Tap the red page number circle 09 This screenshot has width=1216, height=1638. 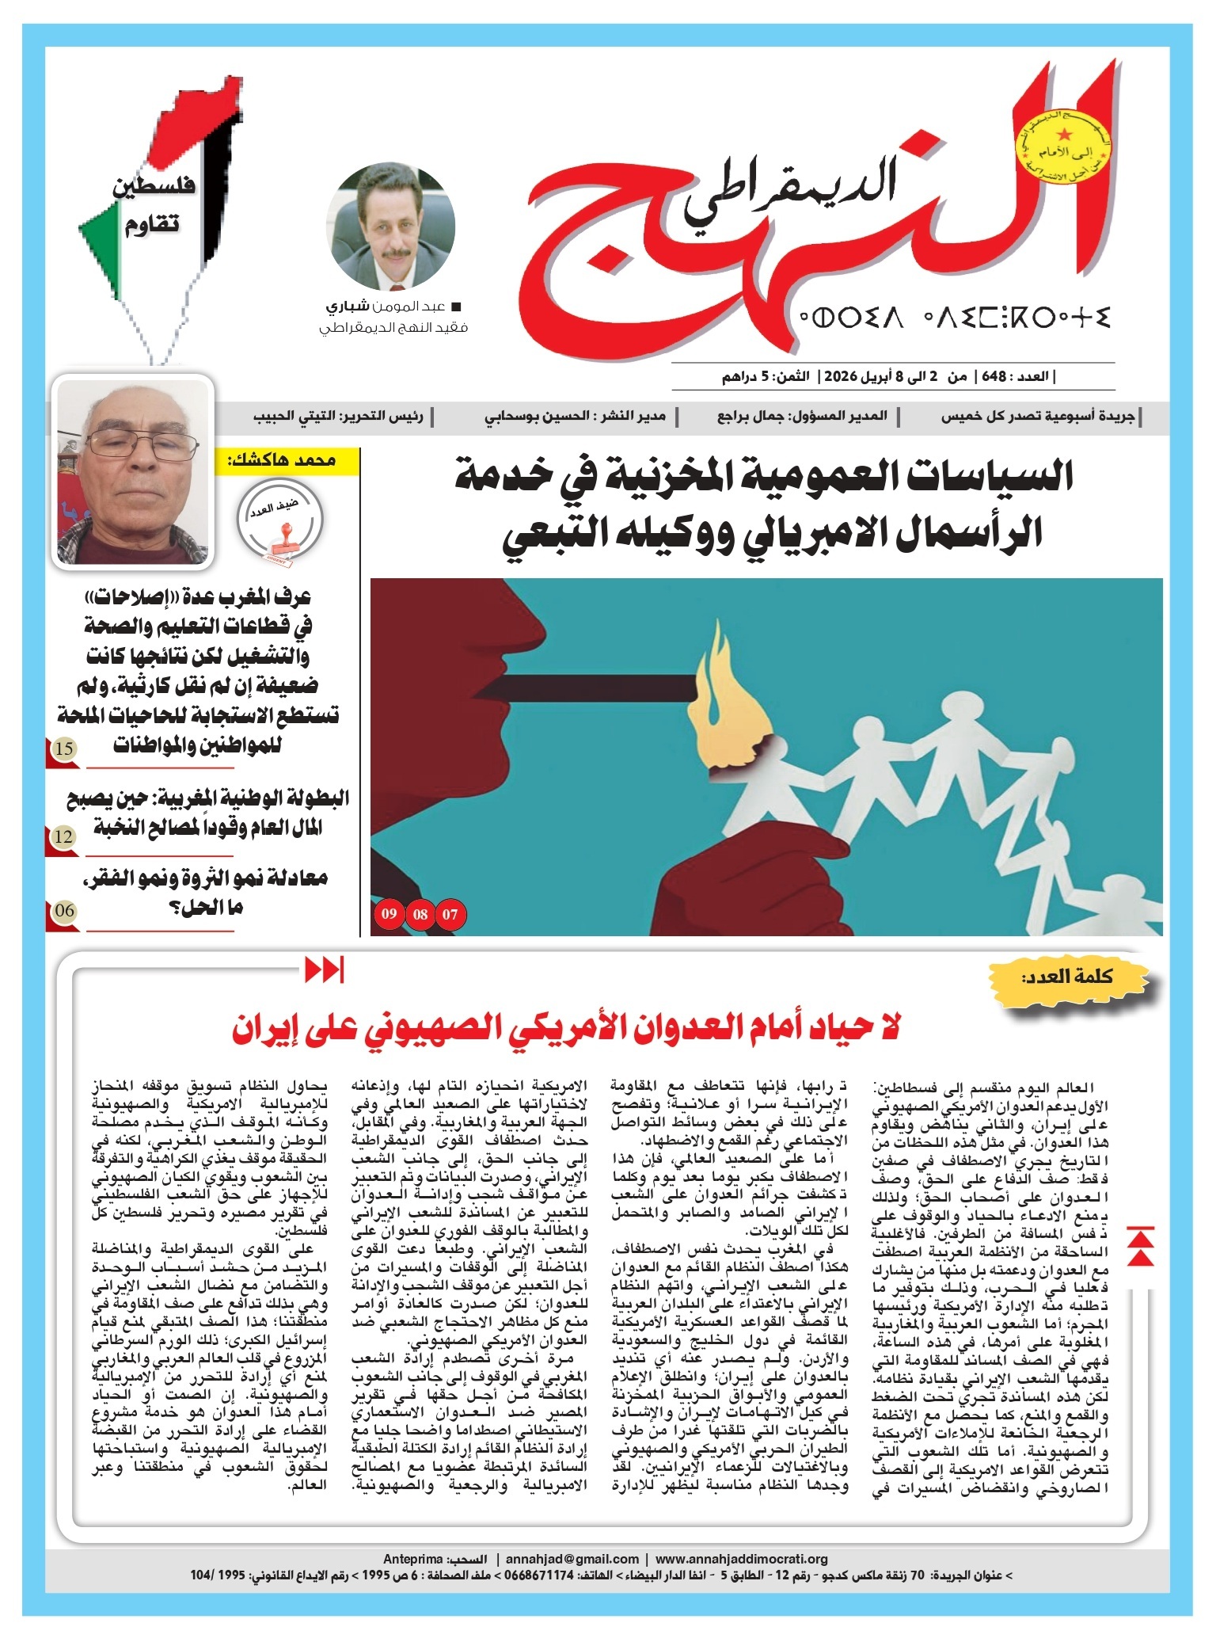[x=389, y=915]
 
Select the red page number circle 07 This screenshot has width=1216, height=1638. [x=450, y=915]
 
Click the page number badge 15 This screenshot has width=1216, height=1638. [x=65, y=749]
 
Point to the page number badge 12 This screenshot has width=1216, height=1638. [x=65, y=836]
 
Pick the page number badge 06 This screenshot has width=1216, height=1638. [x=65, y=910]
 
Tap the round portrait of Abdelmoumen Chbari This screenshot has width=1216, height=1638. [x=393, y=227]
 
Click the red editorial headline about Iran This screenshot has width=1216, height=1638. [x=567, y=1030]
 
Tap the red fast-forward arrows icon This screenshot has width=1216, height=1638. [x=325, y=969]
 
